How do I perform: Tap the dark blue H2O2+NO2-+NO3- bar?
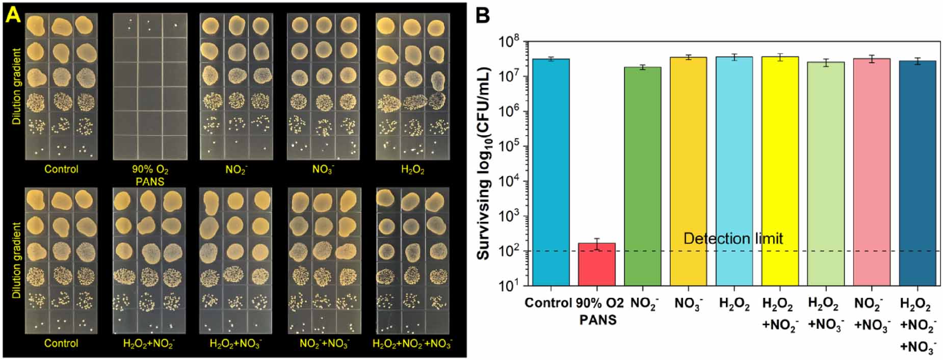tap(918, 173)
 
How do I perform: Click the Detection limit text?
tap(732, 239)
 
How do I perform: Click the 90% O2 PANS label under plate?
tap(150, 175)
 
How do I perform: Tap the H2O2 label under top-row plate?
tap(412, 170)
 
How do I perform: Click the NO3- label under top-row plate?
tap(323, 169)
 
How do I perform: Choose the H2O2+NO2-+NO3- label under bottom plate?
tap(412, 344)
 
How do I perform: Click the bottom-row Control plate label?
tap(61, 343)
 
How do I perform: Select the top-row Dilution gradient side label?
tap(17, 87)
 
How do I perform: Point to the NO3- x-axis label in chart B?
tap(688, 304)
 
